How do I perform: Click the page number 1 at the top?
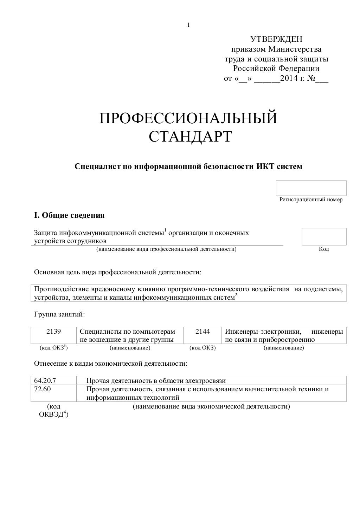(x=189, y=25)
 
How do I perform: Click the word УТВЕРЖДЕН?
(x=276, y=39)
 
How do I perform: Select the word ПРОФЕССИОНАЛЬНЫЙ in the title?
(x=188, y=118)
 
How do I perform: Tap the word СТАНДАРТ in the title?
(x=190, y=137)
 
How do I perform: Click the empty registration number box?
(x=311, y=188)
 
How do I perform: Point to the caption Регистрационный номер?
(x=311, y=200)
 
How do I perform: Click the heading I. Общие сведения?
(x=69, y=215)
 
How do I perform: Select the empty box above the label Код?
(x=324, y=236)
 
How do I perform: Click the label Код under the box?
(x=324, y=249)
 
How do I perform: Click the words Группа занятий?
(x=59, y=314)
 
